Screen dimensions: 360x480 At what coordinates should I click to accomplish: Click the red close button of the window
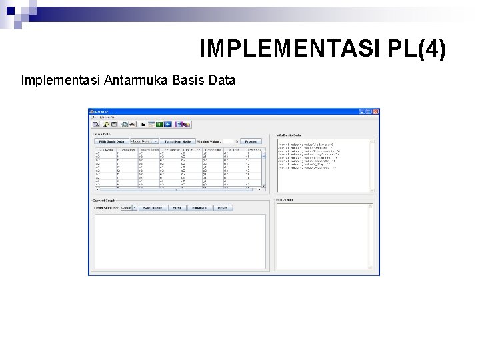375,111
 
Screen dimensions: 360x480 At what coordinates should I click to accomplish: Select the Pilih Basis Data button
111,141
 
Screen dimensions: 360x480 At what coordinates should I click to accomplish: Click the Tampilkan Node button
178,141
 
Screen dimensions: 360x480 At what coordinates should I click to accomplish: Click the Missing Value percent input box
227,141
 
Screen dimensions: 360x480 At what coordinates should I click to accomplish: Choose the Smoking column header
127,150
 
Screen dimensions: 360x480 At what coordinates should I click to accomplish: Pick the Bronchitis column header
213,150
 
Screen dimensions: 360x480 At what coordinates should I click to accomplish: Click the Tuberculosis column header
148,150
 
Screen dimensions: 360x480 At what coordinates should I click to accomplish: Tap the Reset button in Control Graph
223,207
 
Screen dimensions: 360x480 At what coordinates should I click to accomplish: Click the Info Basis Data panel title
288,135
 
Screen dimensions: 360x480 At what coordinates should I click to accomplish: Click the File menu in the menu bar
93,117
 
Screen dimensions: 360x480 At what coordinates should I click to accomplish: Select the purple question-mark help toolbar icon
179,124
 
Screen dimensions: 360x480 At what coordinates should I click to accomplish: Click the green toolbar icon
159,124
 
